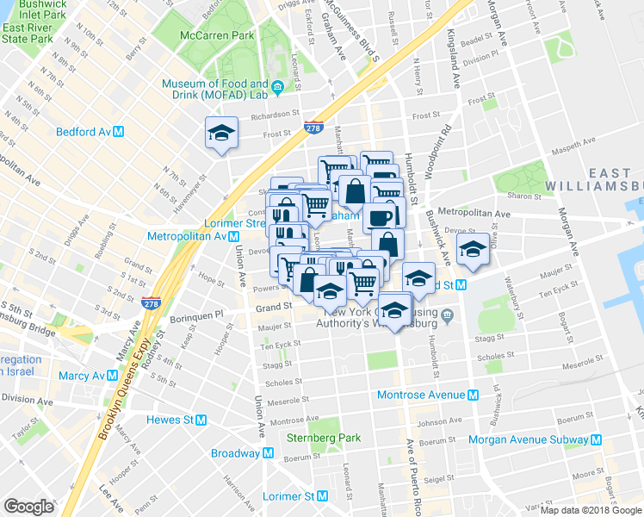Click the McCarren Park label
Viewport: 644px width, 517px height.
pos(217,35)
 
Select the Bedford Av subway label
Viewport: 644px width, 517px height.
pos(90,132)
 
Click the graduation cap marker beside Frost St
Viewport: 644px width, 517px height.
pos(221,134)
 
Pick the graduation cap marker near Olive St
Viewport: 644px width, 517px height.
pos(473,249)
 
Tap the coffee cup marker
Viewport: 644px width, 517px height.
pos(380,217)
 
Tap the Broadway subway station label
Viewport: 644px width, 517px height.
pos(243,453)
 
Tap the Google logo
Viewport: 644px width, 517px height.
pos(28,506)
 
